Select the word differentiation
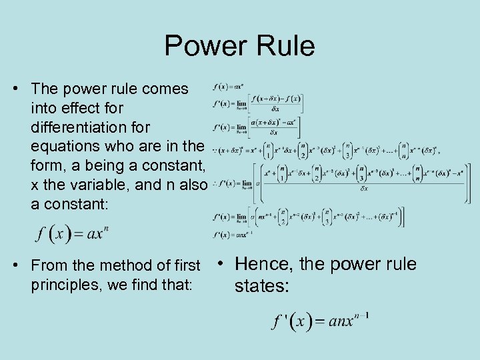coord(91,127)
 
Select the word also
coord(191,185)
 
